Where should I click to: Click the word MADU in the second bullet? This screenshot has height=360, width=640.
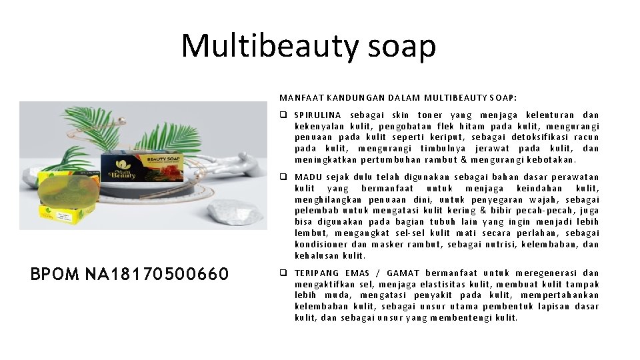click(309, 177)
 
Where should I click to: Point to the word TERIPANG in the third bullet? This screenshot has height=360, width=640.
click(317, 273)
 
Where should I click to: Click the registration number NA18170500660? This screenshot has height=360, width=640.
click(157, 274)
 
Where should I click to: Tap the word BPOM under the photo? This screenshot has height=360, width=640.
click(55, 274)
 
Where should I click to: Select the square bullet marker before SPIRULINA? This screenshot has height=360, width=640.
click(284, 115)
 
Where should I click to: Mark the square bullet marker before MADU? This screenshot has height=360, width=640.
click(284, 177)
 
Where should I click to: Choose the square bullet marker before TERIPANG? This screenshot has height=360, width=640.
click(284, 273)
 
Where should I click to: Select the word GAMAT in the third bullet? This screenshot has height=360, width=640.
click(403, 273)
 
